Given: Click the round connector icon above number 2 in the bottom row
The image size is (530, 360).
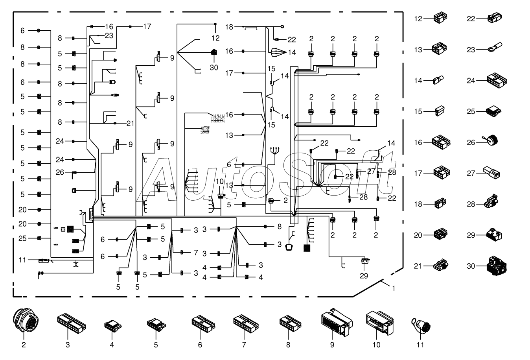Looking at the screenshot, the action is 26,320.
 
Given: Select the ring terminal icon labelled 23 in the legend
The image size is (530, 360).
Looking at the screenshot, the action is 495,47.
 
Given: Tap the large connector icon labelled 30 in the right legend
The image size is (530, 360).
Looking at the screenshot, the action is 497,266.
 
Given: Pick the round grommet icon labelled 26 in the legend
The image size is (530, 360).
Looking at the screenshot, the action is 491,140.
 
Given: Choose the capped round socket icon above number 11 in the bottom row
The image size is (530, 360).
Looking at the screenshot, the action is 421,325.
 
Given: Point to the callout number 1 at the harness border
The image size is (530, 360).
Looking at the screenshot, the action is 394,288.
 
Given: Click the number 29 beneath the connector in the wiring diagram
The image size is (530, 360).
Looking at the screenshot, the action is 364,276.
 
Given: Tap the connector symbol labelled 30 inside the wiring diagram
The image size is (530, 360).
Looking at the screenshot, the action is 214,52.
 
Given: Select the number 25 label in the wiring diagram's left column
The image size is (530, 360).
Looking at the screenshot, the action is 22,238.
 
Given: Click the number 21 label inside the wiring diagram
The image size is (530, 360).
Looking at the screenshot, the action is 131,124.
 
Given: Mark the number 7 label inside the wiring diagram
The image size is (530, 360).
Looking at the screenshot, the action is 196,253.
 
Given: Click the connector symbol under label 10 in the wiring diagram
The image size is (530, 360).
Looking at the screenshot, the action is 221,196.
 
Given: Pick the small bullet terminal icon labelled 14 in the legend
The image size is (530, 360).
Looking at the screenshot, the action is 438,80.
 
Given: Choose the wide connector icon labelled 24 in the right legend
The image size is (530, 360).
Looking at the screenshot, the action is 497,80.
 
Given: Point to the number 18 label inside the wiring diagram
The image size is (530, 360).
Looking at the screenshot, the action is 229,27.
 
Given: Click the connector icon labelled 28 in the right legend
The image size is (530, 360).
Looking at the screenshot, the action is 491,201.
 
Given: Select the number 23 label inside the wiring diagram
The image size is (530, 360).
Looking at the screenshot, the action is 109,35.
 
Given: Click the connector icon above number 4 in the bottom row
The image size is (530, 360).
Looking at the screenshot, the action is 113,326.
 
